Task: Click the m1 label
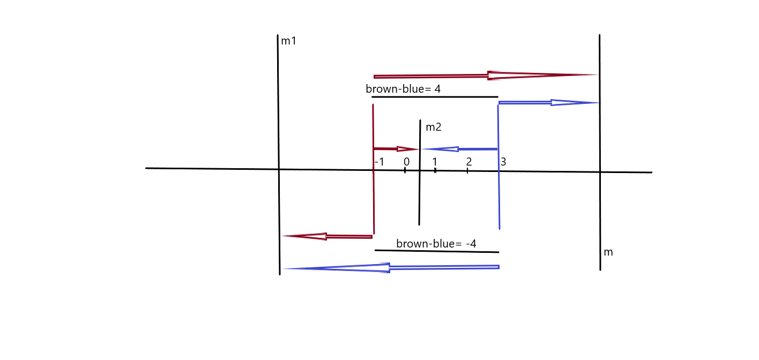click(289, 41)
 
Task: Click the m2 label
click(434, 127)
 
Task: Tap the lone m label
click(608, 252)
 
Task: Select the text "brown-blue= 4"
click(403, 89)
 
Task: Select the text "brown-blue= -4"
click(436, 244)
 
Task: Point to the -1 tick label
click(379, 162)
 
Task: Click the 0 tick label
click(407, 162)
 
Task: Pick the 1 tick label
click(435, 162)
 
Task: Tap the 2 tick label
click(469, 162)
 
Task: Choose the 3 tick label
click(503, 162)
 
